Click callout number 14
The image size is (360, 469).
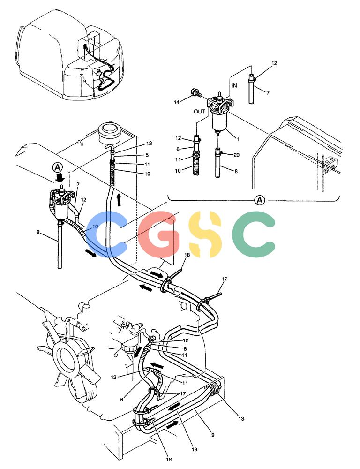tap(177, 102)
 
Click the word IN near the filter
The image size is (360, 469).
tap(234, 85)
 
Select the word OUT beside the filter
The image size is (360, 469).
tap(199, 112)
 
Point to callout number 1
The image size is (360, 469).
tap(238, 139)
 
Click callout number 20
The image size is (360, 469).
tap(236, 155)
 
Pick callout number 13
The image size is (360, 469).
tap(241, 419)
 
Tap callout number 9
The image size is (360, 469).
tap(213, 435)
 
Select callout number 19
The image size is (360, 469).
tap(195, 449)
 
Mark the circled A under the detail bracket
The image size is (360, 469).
tap(259, 200)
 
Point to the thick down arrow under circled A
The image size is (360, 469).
tap(60, 178)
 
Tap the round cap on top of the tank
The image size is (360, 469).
tap(109, 131)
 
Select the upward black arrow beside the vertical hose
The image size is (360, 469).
tap(119, 200)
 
